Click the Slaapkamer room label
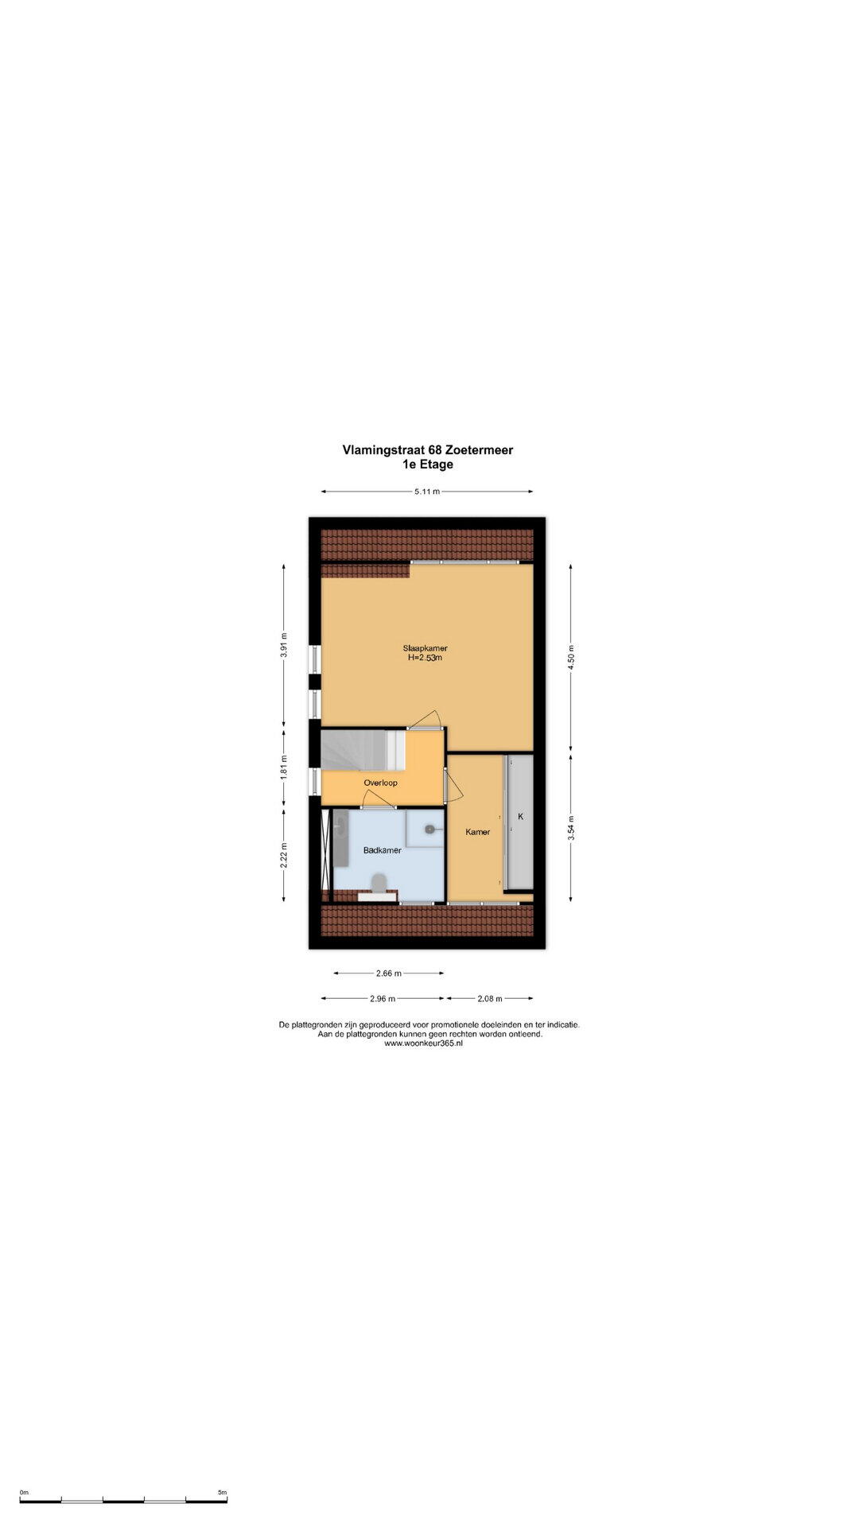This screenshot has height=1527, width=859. (x=425, y=648)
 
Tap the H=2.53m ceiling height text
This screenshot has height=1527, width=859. (x=425, y=659)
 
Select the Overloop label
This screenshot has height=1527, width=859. (x=380, y=783)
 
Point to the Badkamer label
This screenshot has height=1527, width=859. (x=382, y=850)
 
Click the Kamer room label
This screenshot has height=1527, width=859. (x=478, y=832)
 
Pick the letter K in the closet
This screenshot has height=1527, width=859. (x=521, y=817)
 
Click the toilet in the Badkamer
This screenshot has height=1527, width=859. (x=379, y=881)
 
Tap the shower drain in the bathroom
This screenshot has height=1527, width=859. (x=430, y=829)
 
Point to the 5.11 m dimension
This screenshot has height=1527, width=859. (x=427, y=492)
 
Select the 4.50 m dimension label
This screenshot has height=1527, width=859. (x=570, y=658)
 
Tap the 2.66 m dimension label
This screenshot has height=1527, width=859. (x=389, y=973)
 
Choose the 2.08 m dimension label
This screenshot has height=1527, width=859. (x=490, y=998)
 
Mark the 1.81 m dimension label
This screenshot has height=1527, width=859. (x=284, y=767)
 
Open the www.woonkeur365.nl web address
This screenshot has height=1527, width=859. (x=423, y=1043)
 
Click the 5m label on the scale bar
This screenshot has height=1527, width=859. (x=222, y=1493)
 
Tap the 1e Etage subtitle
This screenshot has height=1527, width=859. (x=428, y=464)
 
